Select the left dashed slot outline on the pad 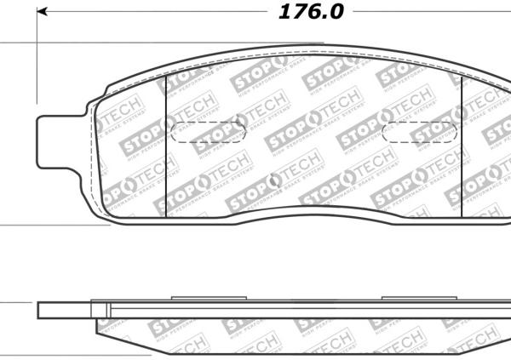[x=210, y=132]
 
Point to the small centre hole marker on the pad [x=272, y=180]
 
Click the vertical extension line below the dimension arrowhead [x=37, y=60]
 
